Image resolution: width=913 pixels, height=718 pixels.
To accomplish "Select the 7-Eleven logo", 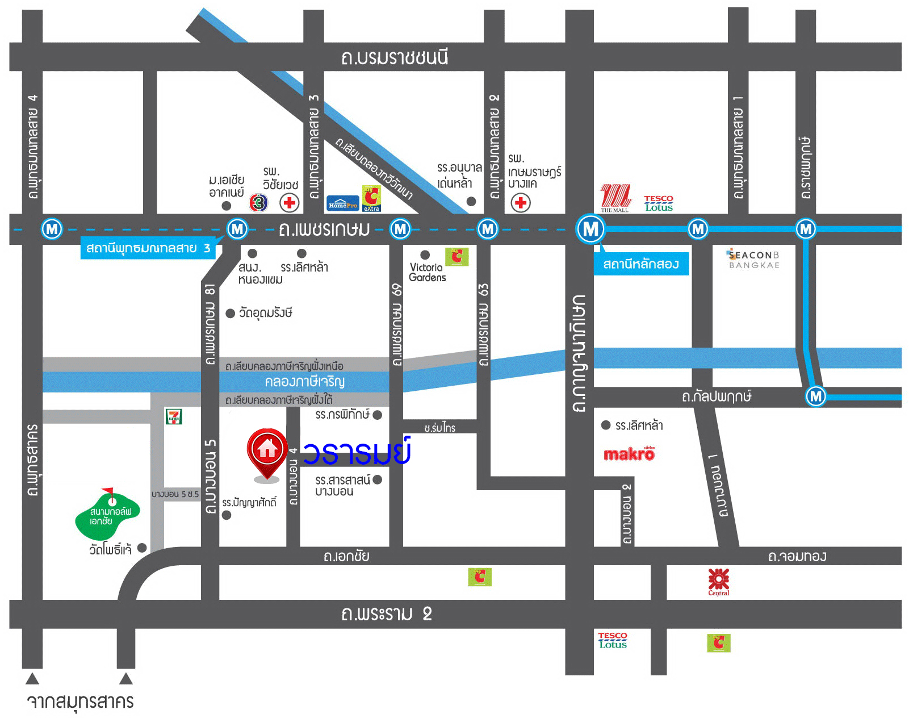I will [173, 416].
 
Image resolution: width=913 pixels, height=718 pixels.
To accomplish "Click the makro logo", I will [629, 453].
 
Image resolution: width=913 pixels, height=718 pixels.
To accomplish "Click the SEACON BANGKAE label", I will [754, 260].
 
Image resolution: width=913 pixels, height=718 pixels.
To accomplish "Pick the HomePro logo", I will [343, 203].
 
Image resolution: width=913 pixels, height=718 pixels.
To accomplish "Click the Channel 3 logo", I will [258, 202].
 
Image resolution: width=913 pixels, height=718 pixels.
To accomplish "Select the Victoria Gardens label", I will [427, 272].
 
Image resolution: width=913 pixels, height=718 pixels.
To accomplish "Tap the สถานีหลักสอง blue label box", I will [641, 264].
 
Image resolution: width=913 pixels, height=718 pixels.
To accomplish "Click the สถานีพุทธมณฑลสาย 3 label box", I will [148, 248].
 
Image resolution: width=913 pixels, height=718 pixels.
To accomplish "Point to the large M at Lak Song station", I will [590, 229].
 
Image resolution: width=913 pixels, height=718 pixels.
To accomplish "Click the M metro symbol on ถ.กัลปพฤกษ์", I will [816, 396].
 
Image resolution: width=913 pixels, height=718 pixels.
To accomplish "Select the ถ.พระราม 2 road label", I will [386, 614].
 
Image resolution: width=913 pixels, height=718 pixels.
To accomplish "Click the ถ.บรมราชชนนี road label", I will [395, 57].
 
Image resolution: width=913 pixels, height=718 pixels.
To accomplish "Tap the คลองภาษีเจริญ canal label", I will [304, 381].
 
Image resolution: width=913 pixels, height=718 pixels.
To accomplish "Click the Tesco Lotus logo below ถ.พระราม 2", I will [613, 640].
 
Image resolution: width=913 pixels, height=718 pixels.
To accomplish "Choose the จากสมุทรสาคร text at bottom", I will [81, 701].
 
